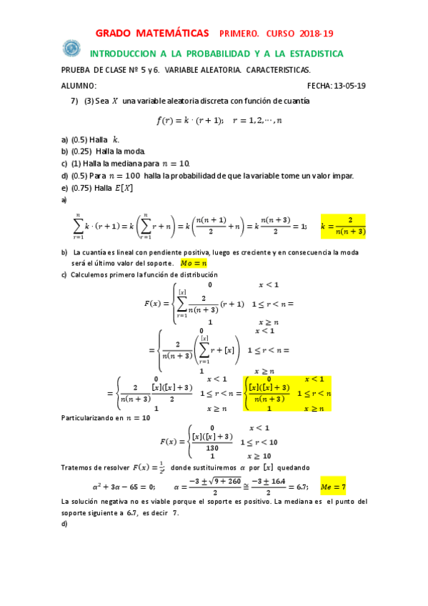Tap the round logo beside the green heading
point(71,48)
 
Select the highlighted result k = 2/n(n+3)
point(343,226)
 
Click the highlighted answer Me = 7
point(332,487)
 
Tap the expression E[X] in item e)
point(124,188)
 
